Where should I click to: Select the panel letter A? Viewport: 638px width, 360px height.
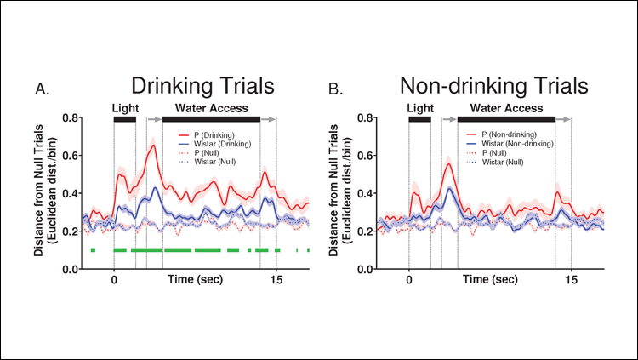coord(40,89)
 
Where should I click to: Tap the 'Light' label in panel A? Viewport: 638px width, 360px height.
coord(124,108)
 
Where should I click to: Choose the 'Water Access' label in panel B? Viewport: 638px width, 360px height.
coord(506,108)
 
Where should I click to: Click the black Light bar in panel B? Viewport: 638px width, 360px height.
coord(419,119)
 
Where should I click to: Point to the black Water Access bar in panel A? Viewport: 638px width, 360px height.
coord(211,119)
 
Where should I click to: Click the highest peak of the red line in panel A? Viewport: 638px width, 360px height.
coord(153,146)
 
